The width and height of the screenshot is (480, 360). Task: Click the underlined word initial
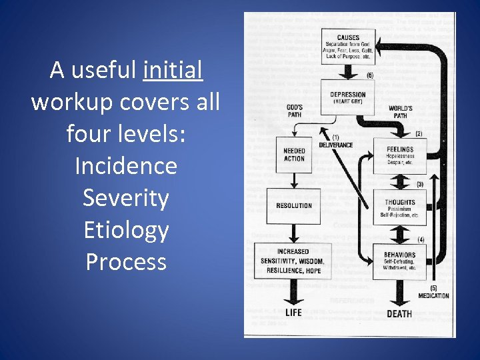point(172,69)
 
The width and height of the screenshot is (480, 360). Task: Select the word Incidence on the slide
point(125,165)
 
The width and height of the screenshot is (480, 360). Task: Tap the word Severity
point(125,197)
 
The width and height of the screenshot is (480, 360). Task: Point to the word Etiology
point(125,229)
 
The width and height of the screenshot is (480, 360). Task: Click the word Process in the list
point(125,261)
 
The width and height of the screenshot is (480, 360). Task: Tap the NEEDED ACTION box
point(294,154)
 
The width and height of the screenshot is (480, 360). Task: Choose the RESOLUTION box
point(293,206)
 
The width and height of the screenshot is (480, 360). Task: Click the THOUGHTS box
point(399,208)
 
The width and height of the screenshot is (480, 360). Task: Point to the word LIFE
point(293,312)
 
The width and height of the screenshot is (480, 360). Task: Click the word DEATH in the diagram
point(399,313)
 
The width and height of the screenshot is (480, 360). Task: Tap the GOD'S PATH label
point(294,111)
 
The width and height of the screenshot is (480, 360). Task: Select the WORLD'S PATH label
point(399,111)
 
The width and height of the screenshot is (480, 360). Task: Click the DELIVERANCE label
point(335,145)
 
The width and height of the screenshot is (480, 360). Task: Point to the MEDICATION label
point(433,295)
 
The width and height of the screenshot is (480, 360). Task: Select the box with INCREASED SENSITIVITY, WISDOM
point(293,261)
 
